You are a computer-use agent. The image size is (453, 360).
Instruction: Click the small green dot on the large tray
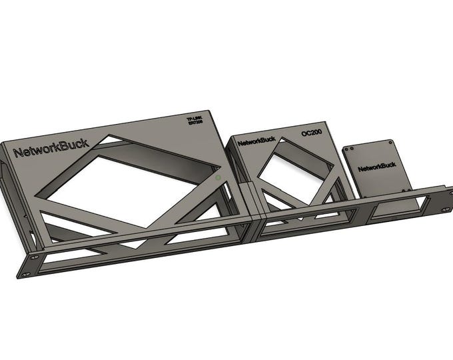tap(218, 179)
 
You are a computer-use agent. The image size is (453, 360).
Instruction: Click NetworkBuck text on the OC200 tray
tap(256, 141)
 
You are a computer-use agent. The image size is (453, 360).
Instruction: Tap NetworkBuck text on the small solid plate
tap(376, 167)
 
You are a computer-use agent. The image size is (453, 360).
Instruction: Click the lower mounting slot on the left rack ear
tap(25, 274)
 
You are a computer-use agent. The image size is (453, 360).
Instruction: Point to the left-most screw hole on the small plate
tap(346, 151)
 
